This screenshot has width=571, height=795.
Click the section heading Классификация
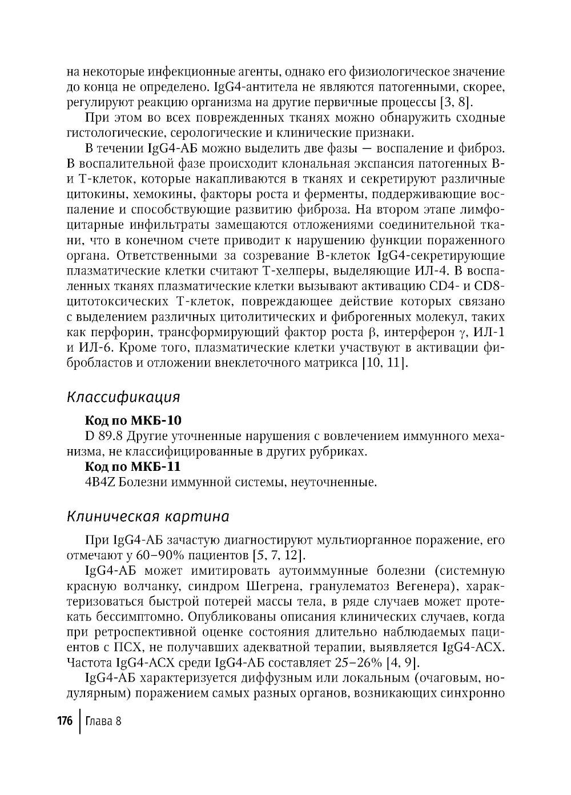[x=123, y=397]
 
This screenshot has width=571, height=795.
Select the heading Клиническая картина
[x=148, y=516]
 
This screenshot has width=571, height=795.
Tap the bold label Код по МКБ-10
[x=132, y=421]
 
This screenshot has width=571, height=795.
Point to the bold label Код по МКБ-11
[x=132, y=467]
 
